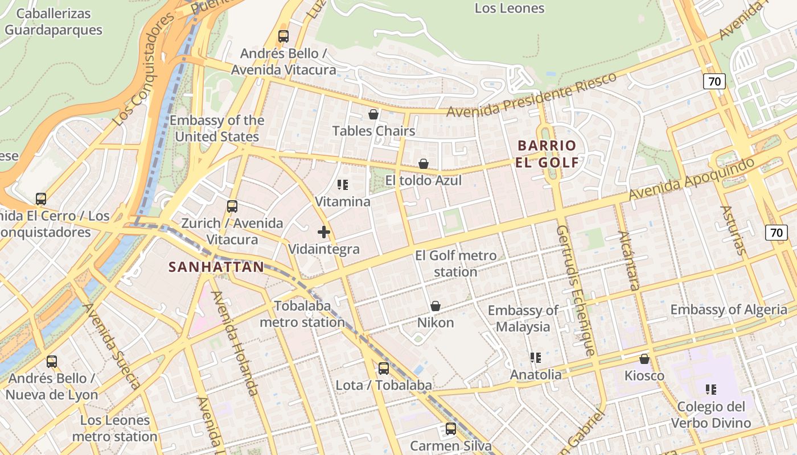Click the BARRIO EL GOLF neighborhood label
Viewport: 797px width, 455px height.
click(547, 154)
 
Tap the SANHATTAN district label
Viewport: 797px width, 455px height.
click(216, 267)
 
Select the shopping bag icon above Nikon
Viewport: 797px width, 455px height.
click(436, 306)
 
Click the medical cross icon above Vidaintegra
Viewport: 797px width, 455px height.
click(324, 232)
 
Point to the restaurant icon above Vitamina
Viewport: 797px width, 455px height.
click(343, 184)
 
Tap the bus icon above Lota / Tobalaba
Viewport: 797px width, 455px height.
click(384, 368)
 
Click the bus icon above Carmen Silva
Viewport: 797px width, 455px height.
click(451, 428)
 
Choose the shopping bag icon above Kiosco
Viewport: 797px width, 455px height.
click(644, 359)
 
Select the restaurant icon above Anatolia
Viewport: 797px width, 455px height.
click(536, 357)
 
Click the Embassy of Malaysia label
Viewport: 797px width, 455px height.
click(523, 318)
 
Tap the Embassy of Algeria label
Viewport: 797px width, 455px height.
click(729, 310)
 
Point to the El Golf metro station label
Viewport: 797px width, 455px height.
click(455, 263)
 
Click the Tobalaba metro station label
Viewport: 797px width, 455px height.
click(302, 314)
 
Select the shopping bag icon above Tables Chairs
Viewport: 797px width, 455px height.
click(373, 114)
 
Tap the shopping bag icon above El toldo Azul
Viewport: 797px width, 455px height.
click(424, 164)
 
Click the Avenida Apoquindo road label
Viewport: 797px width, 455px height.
click(691, 179)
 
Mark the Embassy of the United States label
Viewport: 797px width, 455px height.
click(217, 129)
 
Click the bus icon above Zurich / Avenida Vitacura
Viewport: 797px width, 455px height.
click(232, 206)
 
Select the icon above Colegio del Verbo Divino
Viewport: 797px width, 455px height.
click(711, 390)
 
